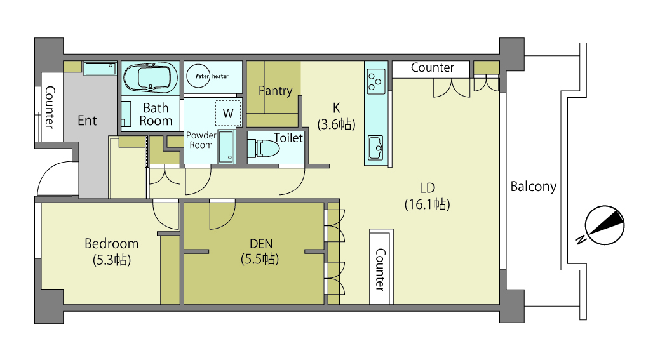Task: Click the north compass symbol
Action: (602, 226)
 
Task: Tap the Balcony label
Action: (534, 186)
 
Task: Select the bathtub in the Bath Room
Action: (151, 78)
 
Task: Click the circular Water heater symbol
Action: (198, 76)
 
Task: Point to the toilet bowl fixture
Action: (264, 148)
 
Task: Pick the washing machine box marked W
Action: (228, 113)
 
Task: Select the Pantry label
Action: (275, 90)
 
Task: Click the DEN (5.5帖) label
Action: (260, 251)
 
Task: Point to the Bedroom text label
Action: (112, 244)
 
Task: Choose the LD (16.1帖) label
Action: (428, 196)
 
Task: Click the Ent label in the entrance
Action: (87, 121)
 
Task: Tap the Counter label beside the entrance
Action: (50, 107)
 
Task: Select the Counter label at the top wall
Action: (433, 68)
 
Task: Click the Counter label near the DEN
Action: (380, 270)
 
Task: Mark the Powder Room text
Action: (201, 140)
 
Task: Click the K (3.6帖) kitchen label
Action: (336, 116)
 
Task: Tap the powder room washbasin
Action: (226, 146)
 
